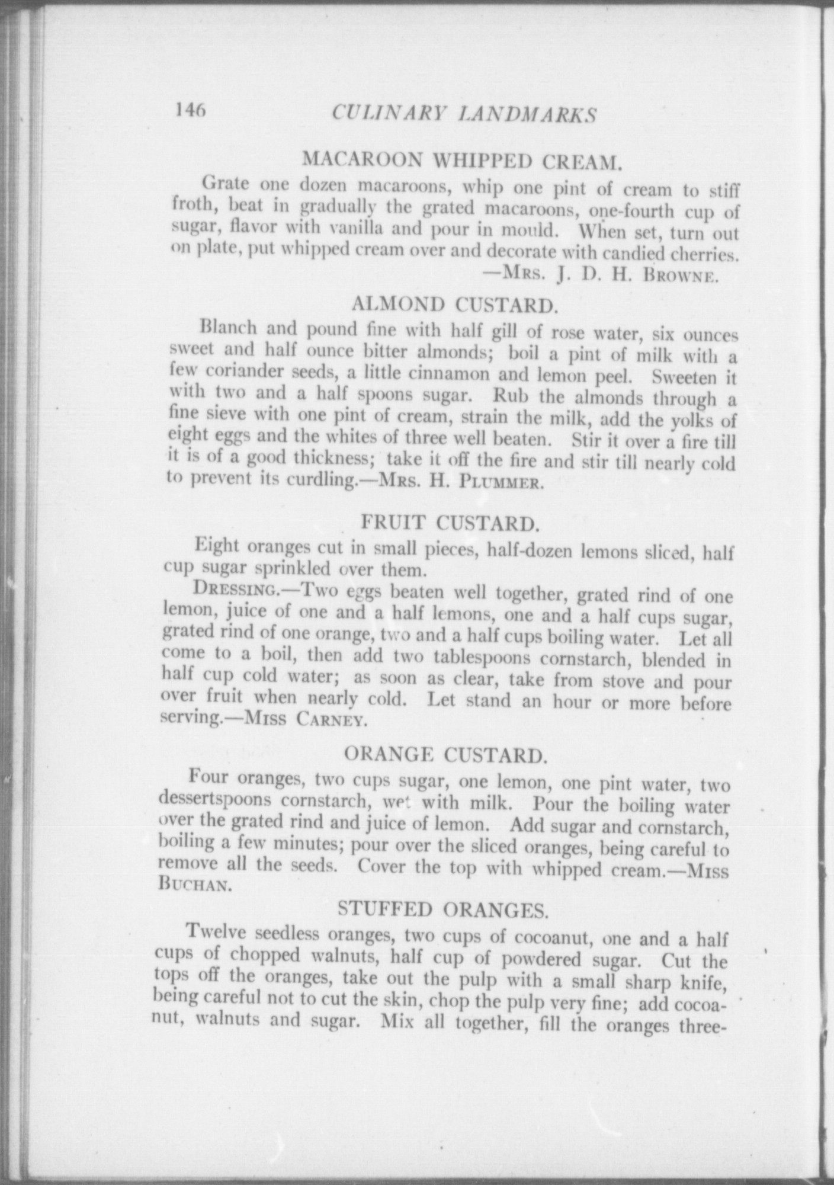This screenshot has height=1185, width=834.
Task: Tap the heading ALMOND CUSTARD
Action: pos(454,305)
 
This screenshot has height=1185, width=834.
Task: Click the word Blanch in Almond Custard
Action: pos(228,327)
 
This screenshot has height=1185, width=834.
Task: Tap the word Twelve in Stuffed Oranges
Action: pos(216,932)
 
